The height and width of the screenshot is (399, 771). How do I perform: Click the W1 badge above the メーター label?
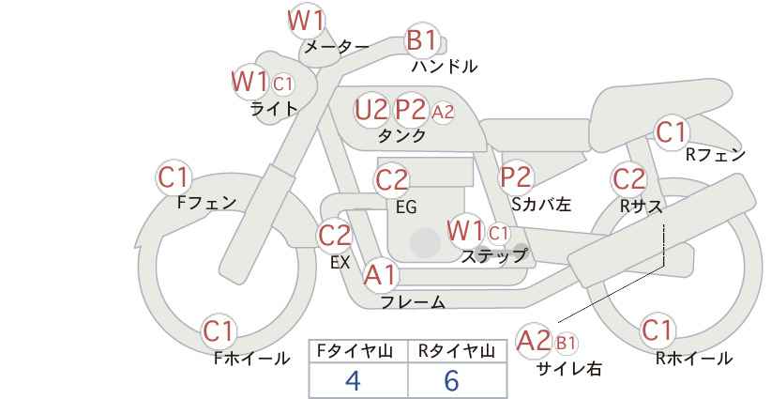pos(306,21)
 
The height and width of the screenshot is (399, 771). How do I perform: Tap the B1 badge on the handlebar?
pos(422,39)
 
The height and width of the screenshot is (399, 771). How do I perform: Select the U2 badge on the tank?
pos(370,109)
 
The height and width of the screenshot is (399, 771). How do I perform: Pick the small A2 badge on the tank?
pos(443,112)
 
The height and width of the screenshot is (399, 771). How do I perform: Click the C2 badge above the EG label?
pos(391,180)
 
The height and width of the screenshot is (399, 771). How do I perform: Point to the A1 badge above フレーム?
pos(380,274)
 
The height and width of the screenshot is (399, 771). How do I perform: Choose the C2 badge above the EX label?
pos(334,235)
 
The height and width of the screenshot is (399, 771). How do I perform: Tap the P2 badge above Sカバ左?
pos(516,176)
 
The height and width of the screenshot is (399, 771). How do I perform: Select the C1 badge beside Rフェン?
pos(671,131)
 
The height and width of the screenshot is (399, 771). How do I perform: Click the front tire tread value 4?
pos(353,380)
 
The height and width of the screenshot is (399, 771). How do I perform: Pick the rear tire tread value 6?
pos(451,380)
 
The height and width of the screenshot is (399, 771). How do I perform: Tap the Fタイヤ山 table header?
pos(355,351)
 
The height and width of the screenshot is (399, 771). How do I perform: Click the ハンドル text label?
pos(444,66)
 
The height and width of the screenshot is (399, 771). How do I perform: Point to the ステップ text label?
pos(493,256)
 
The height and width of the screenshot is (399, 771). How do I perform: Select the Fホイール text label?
pos(251,359)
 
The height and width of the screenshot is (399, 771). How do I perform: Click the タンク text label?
pos(401,135)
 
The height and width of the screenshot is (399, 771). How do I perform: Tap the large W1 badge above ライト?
pos(249,81)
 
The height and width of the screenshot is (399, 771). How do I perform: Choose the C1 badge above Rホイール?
pos(657,330)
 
